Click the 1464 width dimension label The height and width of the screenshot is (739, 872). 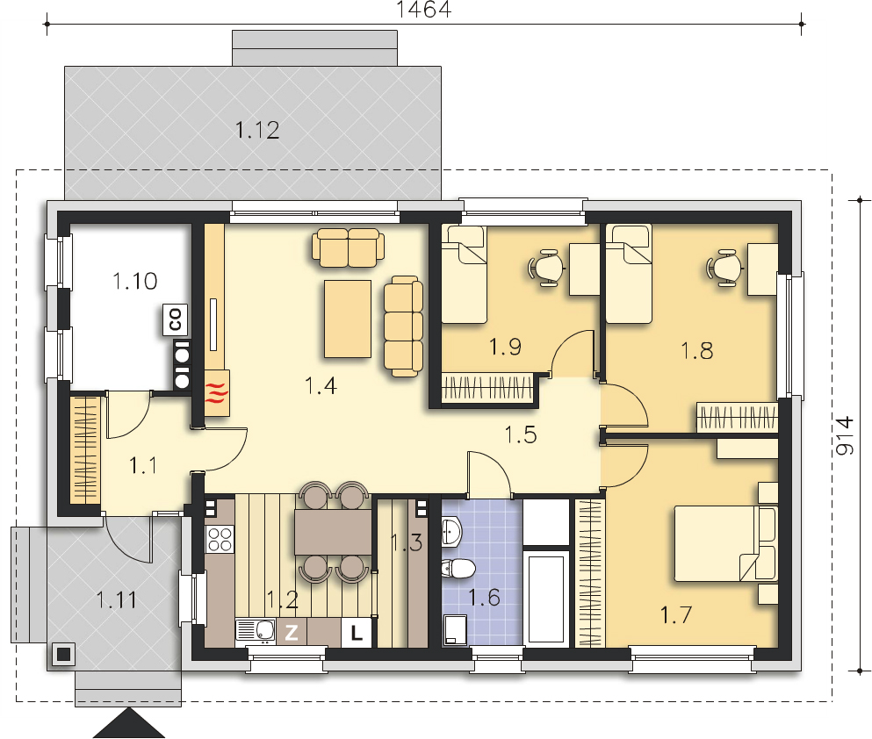pos(423,9)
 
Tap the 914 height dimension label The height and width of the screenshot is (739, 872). pos(845,435)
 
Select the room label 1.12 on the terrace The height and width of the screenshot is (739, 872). pos(257,130)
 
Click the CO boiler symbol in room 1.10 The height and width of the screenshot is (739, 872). pos(175,320)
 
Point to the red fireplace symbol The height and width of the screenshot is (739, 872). pos(217,392)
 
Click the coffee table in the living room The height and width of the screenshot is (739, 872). pos(348,319)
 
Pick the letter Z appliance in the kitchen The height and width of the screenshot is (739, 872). pos(292,632)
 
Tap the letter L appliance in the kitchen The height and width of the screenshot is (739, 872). pos(356,632)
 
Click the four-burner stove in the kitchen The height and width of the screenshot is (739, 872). pos(220,539)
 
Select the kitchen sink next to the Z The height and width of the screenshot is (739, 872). pos(256,631)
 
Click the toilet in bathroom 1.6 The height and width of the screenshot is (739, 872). pos(458,569)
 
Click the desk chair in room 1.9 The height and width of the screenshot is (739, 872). pos(545,268)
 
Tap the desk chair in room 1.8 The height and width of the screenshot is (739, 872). pos(724,268)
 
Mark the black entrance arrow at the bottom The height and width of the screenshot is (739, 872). pos(129,723)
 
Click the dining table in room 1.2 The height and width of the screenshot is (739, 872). pos(333,532)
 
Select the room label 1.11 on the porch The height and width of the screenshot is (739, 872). pos(117,600)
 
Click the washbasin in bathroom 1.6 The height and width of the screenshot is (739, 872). pos(451,531)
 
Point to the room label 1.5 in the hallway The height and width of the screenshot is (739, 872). pos(521,434)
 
